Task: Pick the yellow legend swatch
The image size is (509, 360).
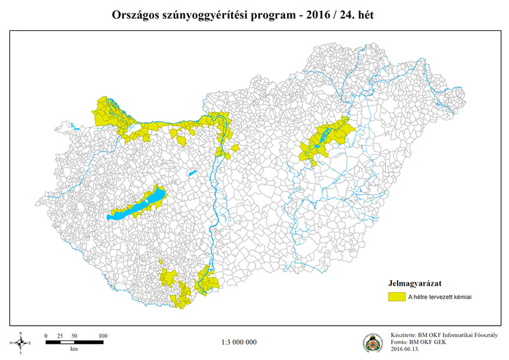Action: click(398, 297)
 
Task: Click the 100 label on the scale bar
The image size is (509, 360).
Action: click(103, 336)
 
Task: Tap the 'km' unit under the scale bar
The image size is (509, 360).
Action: click(74, 348)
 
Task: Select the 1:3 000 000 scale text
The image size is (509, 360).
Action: click(239, 342)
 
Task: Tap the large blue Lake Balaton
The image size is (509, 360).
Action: click(137, 206)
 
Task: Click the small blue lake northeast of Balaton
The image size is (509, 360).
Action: click(191, 172)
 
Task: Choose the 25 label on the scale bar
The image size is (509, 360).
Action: click(60, 336)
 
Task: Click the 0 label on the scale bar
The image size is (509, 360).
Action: click(46, 336)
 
